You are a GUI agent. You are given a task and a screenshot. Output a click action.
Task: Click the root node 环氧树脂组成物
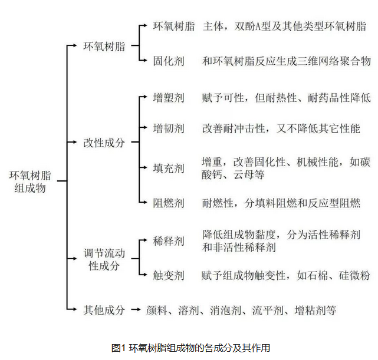[x=30, y=182]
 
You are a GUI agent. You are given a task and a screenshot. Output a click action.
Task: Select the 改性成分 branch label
[x=104, y=143]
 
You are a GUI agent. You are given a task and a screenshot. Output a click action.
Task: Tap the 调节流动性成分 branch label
[x=104, y=260]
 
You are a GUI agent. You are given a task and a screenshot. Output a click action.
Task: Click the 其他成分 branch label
[x=104, y=310]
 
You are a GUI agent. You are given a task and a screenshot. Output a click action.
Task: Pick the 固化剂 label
[x=169, y=61]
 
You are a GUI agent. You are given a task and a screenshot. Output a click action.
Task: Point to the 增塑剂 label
[x=169, y=98]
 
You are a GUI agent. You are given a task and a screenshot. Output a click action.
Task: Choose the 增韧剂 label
[x=169, y=128]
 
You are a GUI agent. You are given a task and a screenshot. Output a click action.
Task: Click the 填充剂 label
[x=169, y=168]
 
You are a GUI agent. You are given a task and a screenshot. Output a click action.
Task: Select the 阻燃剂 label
[x=169, y=203]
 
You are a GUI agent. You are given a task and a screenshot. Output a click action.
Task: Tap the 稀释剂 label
[x=169, y=241]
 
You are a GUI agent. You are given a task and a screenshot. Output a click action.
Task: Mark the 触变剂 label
[x=169, y=275]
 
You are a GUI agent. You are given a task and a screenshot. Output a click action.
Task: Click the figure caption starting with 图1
[x=190, y=348]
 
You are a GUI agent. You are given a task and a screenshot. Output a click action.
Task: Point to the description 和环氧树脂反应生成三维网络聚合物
[x=286, y=61]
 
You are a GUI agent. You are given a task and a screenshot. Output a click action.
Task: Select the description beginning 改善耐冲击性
[x=281, y=128]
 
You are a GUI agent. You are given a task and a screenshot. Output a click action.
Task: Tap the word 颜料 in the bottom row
[x=157, y=310]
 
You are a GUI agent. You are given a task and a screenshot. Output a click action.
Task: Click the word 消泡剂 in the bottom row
[x=225, y=310]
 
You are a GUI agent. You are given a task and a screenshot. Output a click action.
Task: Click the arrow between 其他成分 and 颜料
[x=136, y=310]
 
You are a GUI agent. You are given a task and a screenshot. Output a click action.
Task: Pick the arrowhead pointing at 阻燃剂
[x=144, y=203]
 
